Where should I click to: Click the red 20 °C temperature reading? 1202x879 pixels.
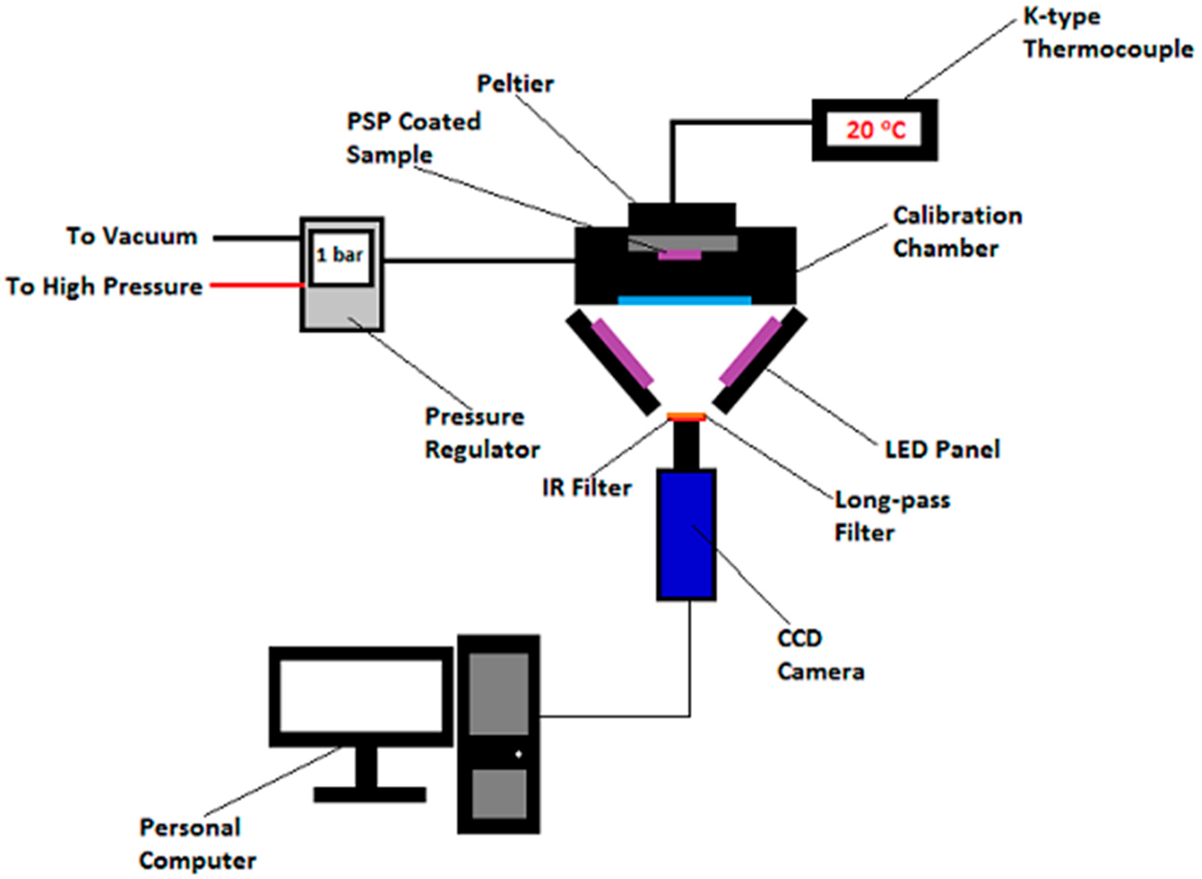point(875,130)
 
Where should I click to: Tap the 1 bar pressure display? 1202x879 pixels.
point(340,255)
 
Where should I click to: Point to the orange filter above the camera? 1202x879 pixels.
point(686,417)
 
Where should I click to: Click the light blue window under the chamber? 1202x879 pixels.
point(684,301)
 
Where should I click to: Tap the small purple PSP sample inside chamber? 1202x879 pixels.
point(679,255)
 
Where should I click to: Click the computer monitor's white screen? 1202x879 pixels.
point(361,696)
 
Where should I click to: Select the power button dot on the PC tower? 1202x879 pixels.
point(518,754)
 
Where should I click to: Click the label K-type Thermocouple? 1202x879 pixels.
point(1107,33)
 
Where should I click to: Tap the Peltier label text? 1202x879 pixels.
point(515,84)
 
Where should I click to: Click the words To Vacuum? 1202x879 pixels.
point(132,236)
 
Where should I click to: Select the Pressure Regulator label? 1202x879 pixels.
point(482,433)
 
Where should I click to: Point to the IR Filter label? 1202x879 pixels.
point(586,487)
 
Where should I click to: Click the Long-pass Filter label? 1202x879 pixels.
point(891,516)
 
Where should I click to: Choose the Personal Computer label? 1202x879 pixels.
point(197,844)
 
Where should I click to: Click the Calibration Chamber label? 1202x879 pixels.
point(957,232)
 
